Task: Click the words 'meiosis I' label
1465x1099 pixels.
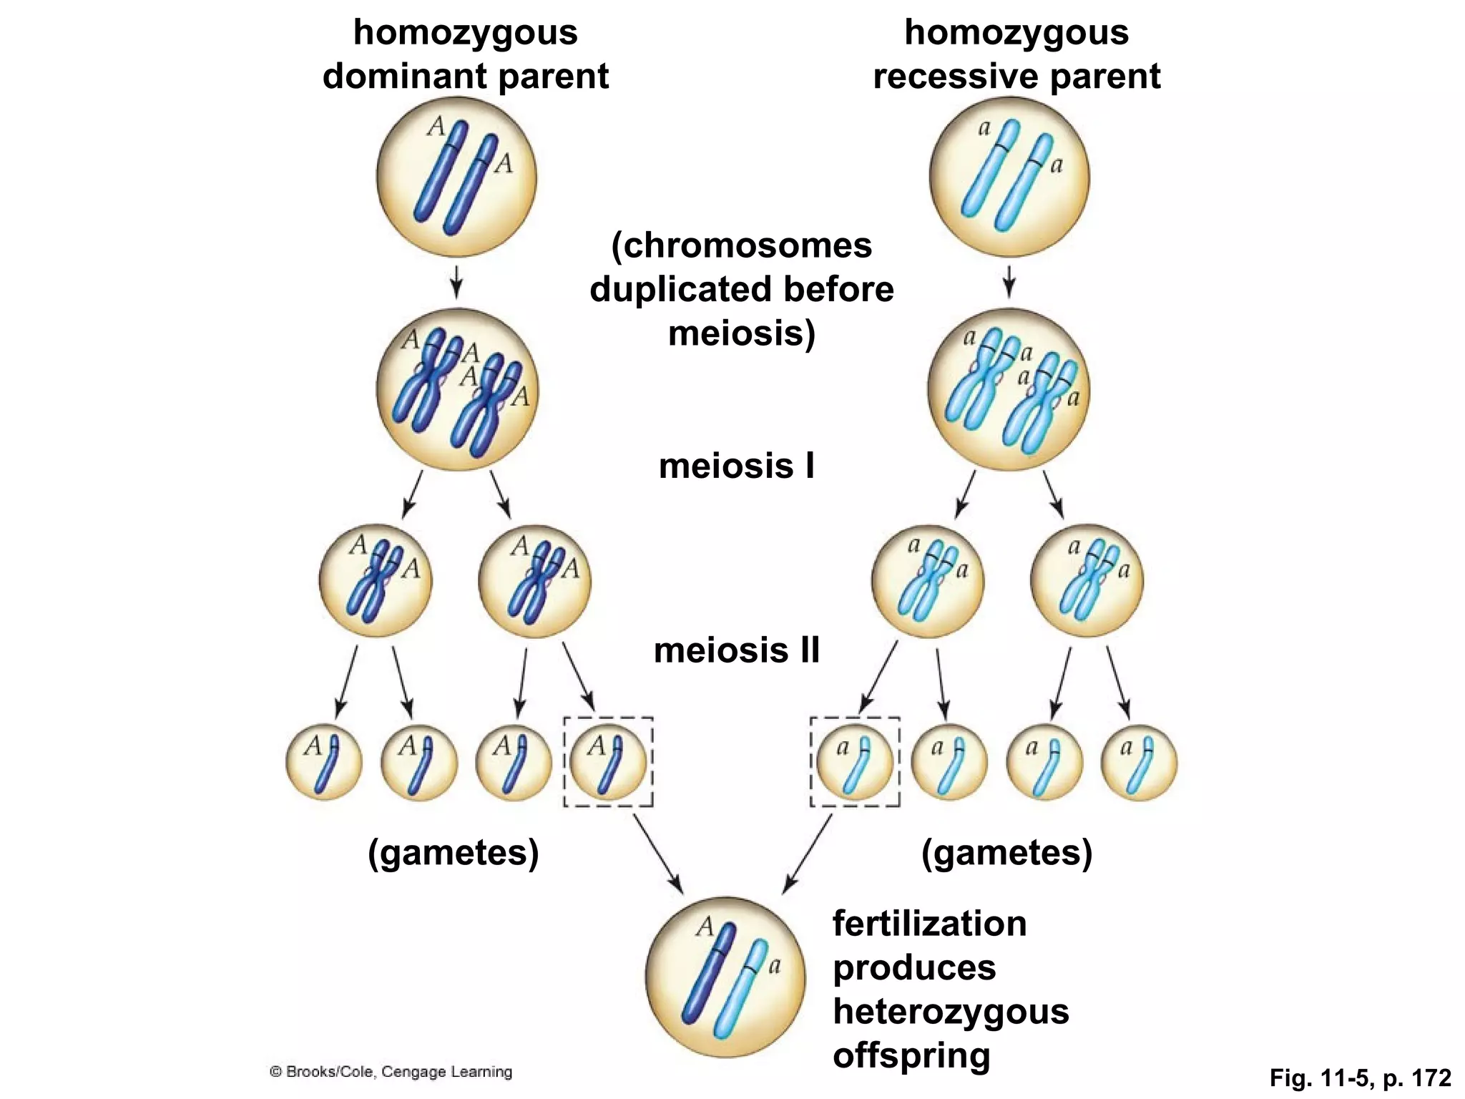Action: point(736,467)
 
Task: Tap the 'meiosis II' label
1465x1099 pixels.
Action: point(736,651)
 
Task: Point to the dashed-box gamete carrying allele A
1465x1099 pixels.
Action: point(608,762)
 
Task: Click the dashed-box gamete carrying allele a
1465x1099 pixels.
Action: point(854,762)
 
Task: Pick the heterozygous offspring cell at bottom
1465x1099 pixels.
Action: point(725,977)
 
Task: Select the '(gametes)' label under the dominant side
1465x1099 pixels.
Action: point(453,853)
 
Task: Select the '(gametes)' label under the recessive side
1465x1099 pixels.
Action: point(1006,853)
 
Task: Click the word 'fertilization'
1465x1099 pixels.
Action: point(929,924)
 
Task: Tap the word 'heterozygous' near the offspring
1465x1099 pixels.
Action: point(951,1012)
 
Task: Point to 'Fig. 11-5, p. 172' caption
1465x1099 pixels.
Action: point(1360,1078)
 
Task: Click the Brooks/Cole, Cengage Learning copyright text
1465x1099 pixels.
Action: point(391,1072)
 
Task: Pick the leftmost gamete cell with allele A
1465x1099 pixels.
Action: point(323,762)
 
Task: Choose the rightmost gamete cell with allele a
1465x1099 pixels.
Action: point(1138,762)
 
